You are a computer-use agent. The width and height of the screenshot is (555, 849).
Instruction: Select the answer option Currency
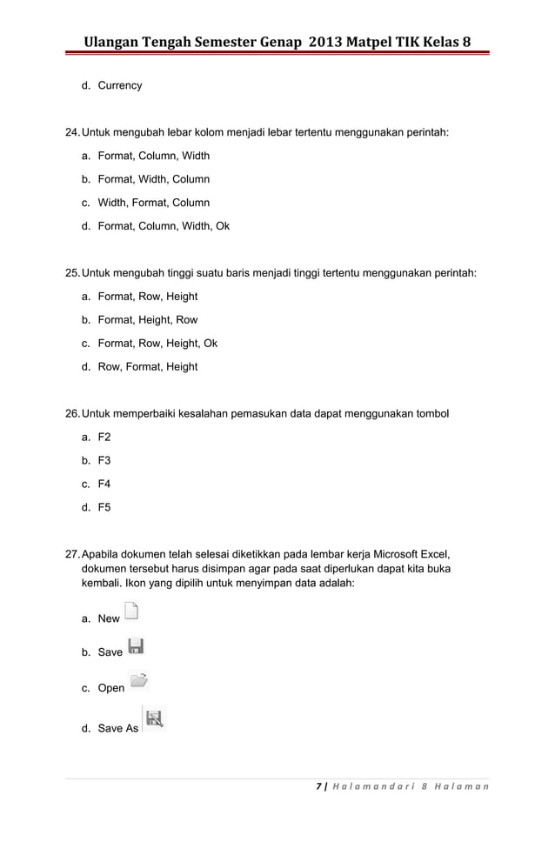tap(119, 86)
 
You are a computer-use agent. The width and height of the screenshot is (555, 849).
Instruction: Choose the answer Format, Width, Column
tap(153, 179)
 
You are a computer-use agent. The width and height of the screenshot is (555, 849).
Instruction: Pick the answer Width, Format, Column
tap(153, 203)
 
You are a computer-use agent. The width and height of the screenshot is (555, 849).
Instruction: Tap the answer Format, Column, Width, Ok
tap(164, 226)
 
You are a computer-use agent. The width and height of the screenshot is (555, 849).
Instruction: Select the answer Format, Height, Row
tap(147, 320)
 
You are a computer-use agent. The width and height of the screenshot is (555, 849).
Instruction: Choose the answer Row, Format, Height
tap(147, 367)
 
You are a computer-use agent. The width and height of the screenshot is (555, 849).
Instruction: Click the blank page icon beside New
tap(131, 612)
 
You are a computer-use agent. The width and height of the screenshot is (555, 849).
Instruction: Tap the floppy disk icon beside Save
tap(136, 646)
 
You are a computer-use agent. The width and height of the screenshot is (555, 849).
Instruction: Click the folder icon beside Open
tap(138, 681)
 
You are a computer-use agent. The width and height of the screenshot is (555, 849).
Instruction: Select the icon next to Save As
tap(154, 718)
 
